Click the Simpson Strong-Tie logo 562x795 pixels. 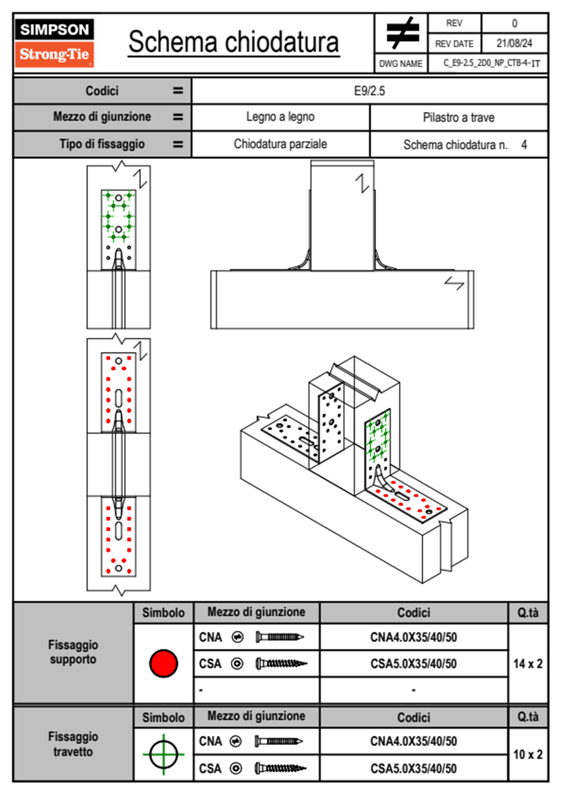[x=54, y=43]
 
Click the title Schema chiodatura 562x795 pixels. [x=234, y=42]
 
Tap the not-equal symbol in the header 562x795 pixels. [x=402, y=33]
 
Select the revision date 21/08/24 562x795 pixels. [x=514, y=43]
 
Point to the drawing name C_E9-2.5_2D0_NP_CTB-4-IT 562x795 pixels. [x=491, y=63]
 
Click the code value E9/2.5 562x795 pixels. [x=369, y=91]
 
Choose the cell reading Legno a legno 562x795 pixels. [x=280, y=117]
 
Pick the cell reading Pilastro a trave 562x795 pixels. [x=458, y=117]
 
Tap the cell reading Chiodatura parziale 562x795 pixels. [x=280, y=144]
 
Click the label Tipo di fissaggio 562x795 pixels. [x=102, y=144]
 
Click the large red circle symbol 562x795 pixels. [x=163, y=663]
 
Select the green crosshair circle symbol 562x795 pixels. [x=163, y=754]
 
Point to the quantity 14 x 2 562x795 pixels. [x=528, y=664]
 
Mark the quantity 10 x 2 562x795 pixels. [x=528, y=754]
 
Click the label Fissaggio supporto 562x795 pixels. [x=73, y=652]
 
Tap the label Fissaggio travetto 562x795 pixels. [x=73, y=744]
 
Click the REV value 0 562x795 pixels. [x=514, y=23]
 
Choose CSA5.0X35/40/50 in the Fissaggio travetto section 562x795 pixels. [x=413, y=769]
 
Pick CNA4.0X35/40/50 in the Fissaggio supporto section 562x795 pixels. [x=413, y=637]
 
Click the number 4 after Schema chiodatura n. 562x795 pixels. [x=524, y=145]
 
